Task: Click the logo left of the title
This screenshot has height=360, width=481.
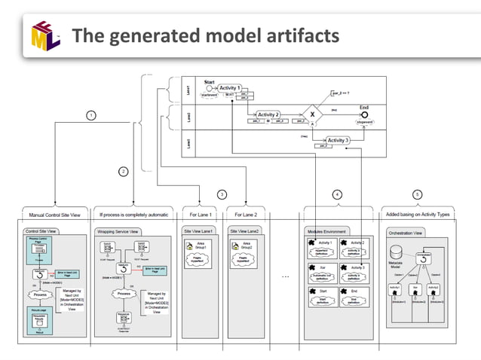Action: point(44,35)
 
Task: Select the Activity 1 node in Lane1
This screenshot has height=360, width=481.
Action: point(230,89)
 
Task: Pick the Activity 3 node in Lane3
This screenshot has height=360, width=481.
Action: point(337,140)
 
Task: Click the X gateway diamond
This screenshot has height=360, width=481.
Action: point(311,116)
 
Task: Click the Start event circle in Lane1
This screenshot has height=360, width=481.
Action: point(209,88)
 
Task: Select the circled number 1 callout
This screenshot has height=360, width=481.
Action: point(91,115)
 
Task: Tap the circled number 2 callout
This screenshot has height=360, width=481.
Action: point(123,172)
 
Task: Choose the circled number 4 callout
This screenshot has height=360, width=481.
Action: point(337,194)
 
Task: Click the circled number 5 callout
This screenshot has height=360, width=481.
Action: point(418,194)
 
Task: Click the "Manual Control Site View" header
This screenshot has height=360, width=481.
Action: point(52,214)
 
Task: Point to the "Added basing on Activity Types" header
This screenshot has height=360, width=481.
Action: point(418,214)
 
